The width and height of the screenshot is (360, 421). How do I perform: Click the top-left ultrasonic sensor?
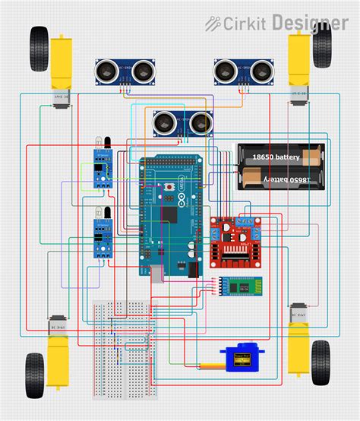122,72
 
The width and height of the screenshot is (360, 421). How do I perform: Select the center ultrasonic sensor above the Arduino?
182,122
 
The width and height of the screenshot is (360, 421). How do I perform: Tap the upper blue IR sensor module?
100,167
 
